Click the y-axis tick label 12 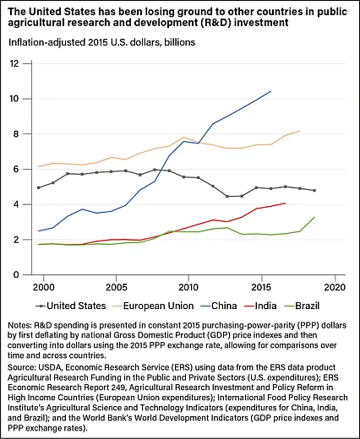tap(14, 63)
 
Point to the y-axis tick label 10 tap(14, 99)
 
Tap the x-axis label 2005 tap(116, 287)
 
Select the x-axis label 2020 tap(335, 287)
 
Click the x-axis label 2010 tap(188, 287)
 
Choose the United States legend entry tap(71, 306)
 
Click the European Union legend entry tap(155, 306)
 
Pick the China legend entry tap(220, 306)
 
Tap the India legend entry tap(261, 306)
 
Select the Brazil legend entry tap(303, 306)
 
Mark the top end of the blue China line tap(270, 91)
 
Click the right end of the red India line tap(286, 203)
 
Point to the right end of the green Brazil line tap(314, 217)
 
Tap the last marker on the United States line tap(314, 191)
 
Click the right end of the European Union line tap(300, 131)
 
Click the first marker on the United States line tap(39, 187)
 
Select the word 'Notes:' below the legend tap(19, 325)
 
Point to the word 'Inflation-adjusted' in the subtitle tap(46, 42)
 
